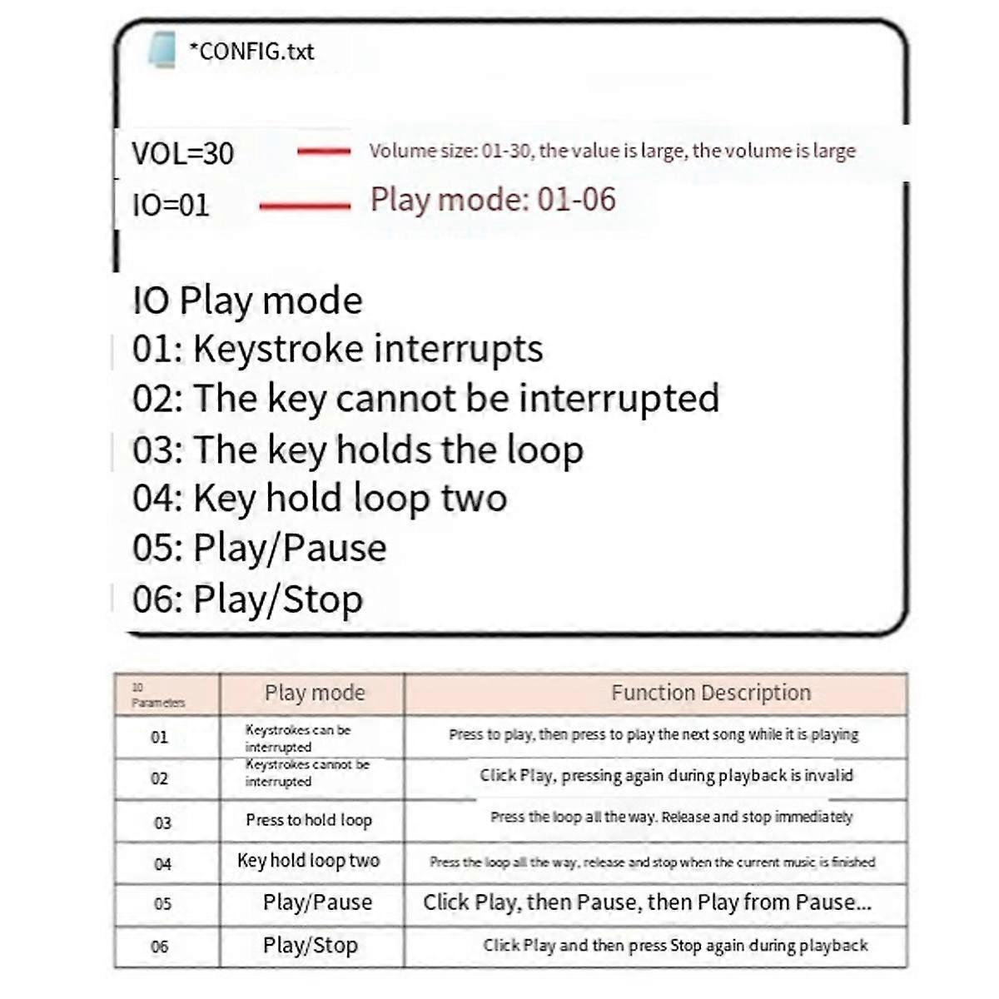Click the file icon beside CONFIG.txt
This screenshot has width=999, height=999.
(x=162, y=49)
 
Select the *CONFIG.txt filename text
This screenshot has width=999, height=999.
(x=251, y=52)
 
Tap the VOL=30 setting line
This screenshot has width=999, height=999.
(x=183, y=154)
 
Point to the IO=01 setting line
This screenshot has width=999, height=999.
(x=171, y=206)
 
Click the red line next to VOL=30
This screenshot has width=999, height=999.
(x=324, y=152)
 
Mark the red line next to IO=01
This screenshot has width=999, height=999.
(x=305, y=206)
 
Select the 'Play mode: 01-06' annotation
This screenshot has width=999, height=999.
(x=493, y=200)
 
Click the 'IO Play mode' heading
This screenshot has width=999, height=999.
(x=247, y=301)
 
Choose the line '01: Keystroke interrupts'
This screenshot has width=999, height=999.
(x=337, y=349)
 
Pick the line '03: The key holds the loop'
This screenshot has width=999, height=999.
(x=358, y=450)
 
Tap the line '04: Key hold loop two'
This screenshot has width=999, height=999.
(x=320, y=499)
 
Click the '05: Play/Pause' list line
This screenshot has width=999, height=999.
(x=260, y=549)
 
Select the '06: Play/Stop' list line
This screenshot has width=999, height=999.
(x=248, y=599)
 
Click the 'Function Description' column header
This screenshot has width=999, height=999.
(x=711, y=693)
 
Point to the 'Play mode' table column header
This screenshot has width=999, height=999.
(x=314, y=693)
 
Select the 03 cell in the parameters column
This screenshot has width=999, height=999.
(x=162, y=823)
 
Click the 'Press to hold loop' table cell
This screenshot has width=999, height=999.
(x=309, y=820)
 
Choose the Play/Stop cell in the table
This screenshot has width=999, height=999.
(x=311, y=946)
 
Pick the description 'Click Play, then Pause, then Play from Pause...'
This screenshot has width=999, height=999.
(x=647, y=902)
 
